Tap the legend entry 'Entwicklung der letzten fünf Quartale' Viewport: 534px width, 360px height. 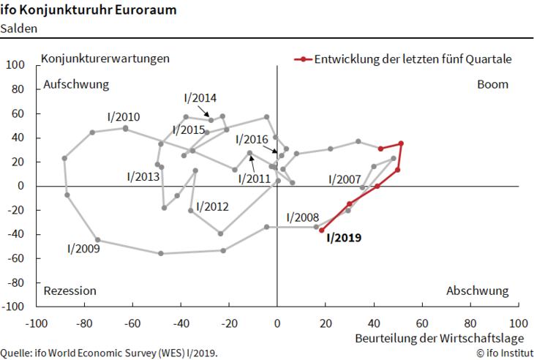tap(413, 59)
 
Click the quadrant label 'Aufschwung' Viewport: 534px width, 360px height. tap(76, 84)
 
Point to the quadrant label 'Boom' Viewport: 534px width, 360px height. tap(492, 84)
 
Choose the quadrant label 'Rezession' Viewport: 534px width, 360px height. tap(70, 290)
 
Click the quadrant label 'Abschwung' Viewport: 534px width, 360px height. tap(477, 290)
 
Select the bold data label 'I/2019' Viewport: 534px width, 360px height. tap(344, 238)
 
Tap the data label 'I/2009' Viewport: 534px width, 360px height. tap(83, 248)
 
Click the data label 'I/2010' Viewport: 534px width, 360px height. tap(124, 116)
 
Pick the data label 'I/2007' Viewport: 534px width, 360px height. tap(345, 179)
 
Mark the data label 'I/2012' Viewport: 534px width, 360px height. tap(214, 206)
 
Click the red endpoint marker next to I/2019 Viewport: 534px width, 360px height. tap(322, 230)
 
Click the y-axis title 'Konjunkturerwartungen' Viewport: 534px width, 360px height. tap(106, 58)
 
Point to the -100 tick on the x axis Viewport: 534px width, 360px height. tap(37, 323)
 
